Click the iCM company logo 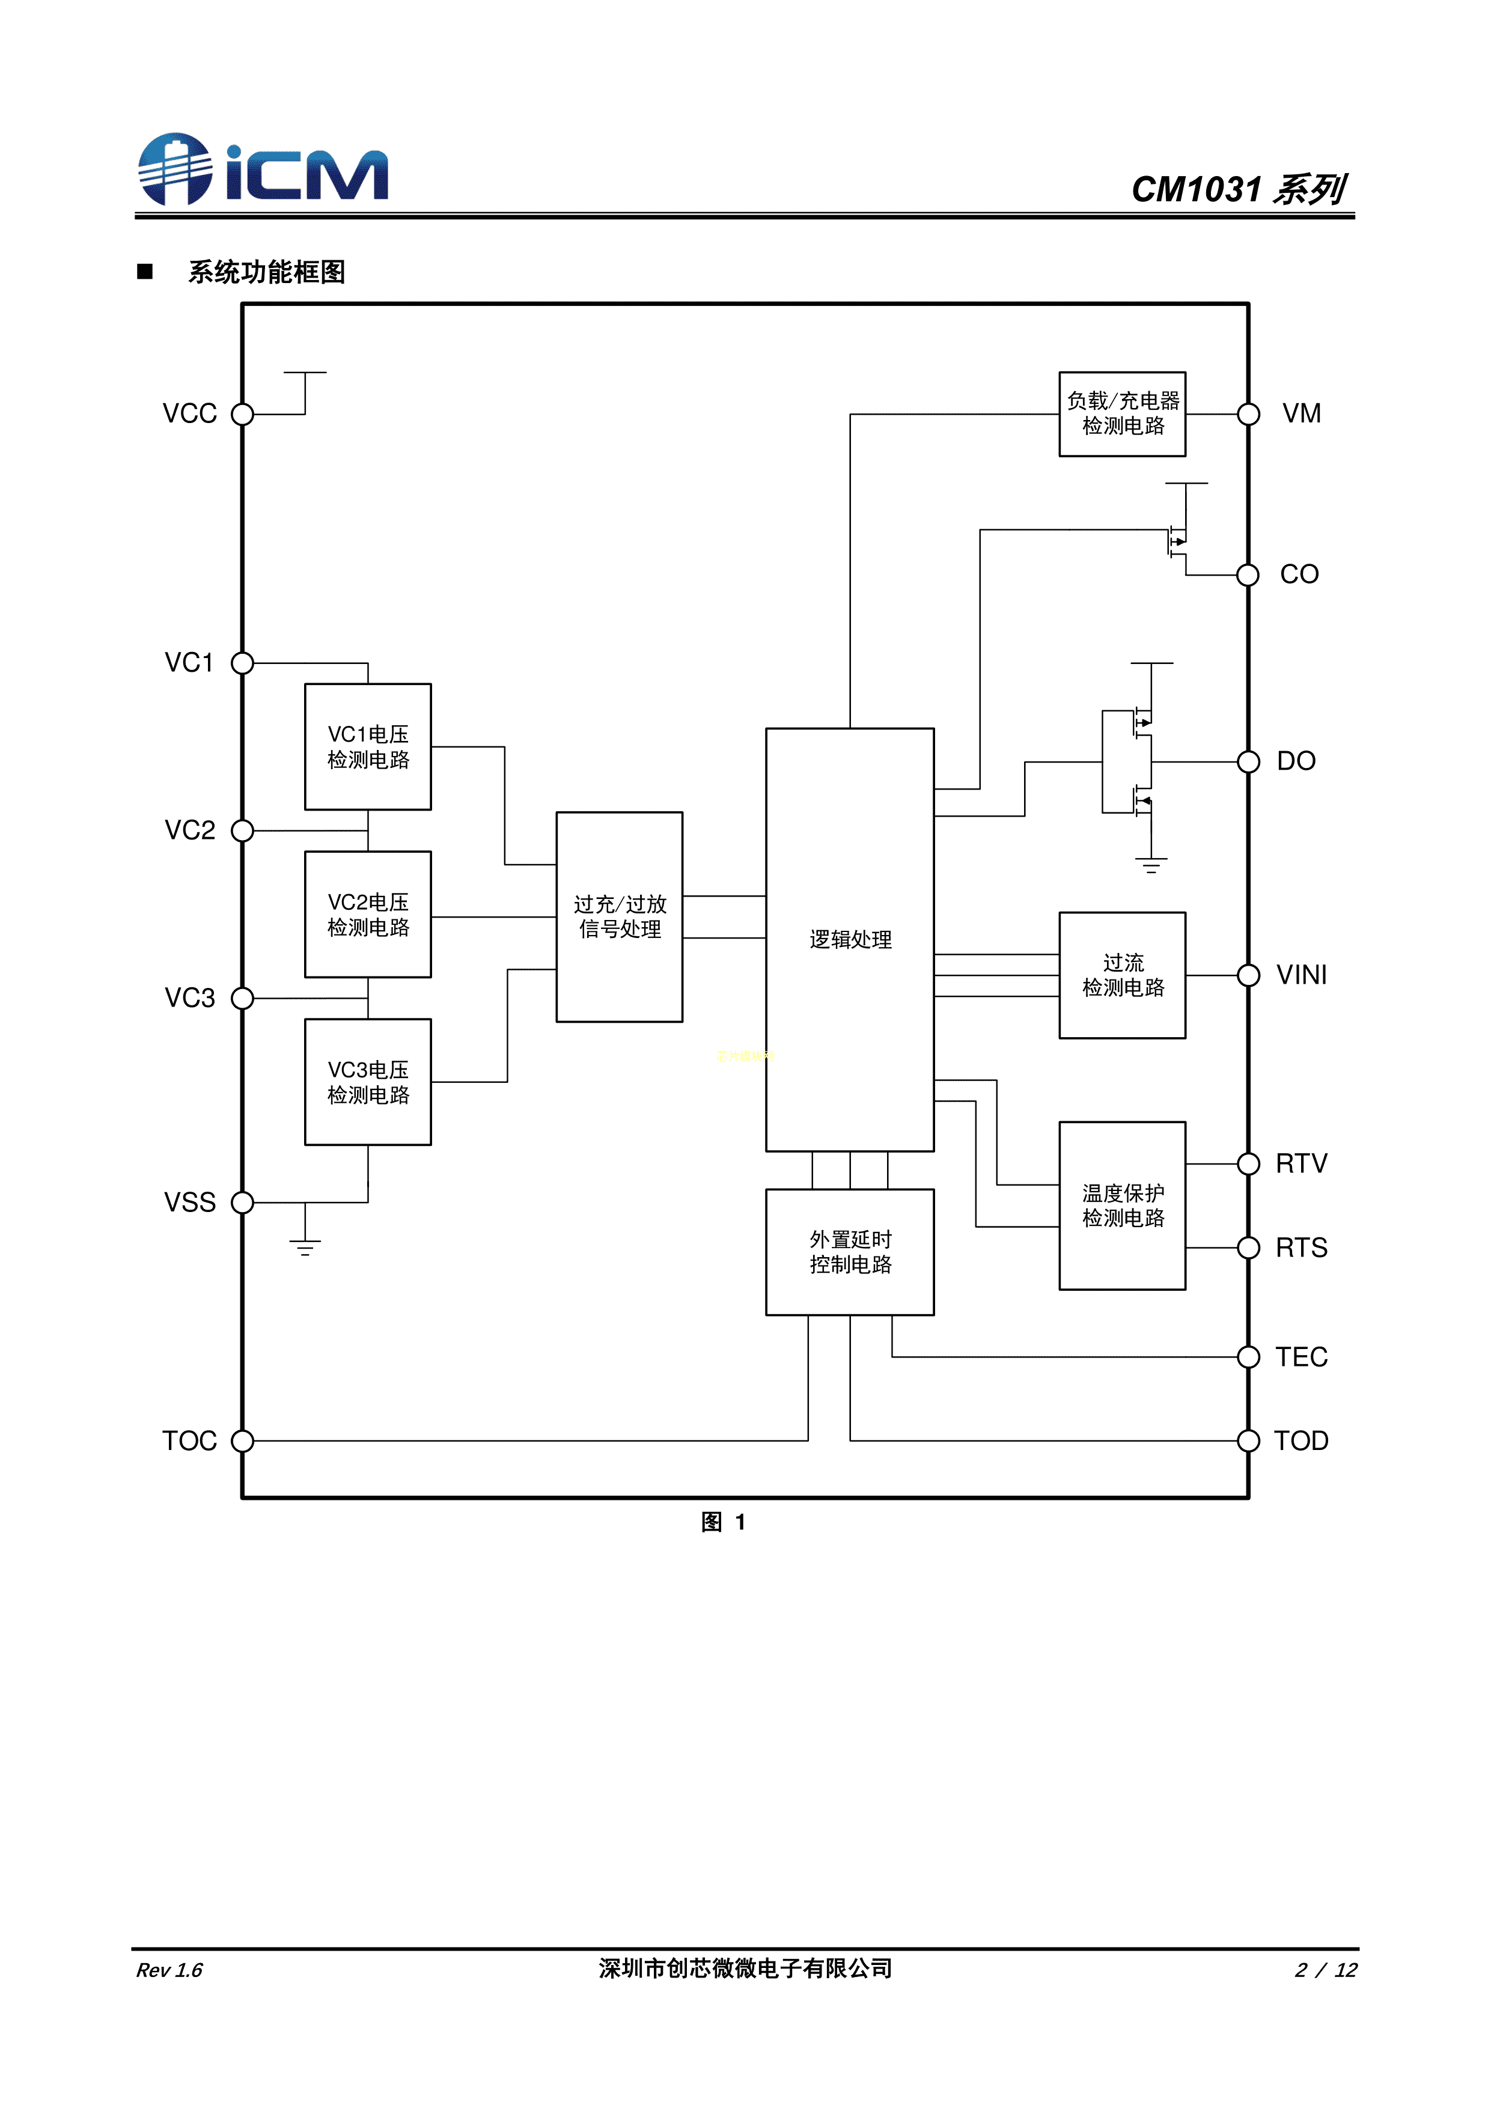tap(263, 170)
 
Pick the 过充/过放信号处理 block tap(619, 916)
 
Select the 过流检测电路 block tap(1122, 975)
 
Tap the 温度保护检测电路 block tap(1122, 1205)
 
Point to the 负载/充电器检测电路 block tap(1122, 413)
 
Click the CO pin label tap(1299, 574)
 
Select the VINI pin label tap(1301, 975)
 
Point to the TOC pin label tap(189, 1440)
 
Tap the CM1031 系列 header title tap(1237, 189)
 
